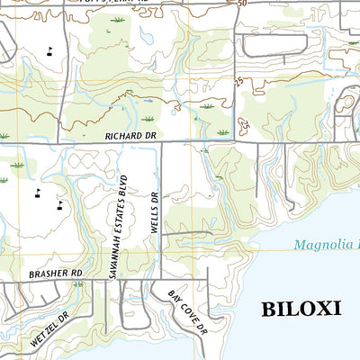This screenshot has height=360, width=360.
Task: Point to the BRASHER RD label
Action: [x=55, y=272]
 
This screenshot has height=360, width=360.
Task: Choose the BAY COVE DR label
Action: [x=187, y=312]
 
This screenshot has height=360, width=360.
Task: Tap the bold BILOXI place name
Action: [x=301, y=309]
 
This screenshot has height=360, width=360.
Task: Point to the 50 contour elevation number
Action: [x=242, y=4]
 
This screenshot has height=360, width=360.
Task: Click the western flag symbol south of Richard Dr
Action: [x=38, y=192]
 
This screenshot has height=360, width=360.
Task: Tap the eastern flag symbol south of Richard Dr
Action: [x=60, y=203]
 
